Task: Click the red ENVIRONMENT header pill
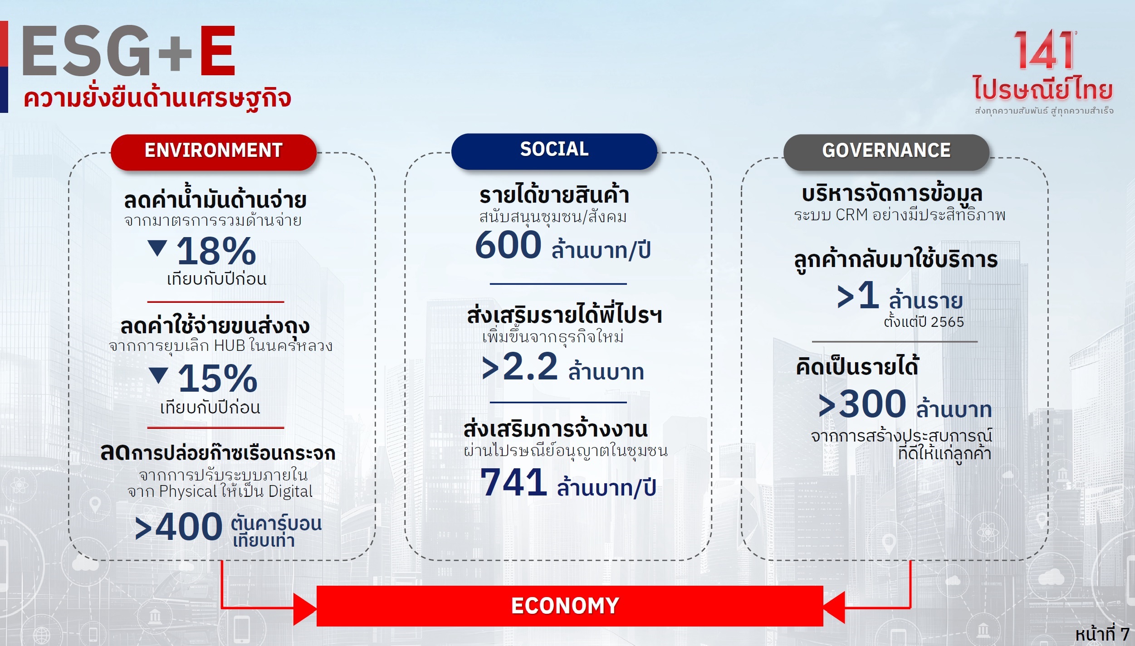tap(214, 152)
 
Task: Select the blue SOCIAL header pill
tap(554, 151)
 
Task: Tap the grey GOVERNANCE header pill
tap(886, 152)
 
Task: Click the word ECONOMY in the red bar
tap(565, 606)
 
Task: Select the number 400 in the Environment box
tap(189, 527)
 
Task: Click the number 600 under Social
tap(508, 245)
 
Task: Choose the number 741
tap(514, 482)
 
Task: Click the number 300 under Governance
tap(872, 403)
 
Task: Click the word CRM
tap(851, 214)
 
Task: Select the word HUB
tap(230, 345)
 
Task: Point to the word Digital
tap(290, 492)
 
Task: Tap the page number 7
tap(1125, 634)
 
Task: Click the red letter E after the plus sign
tap(218, 50)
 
